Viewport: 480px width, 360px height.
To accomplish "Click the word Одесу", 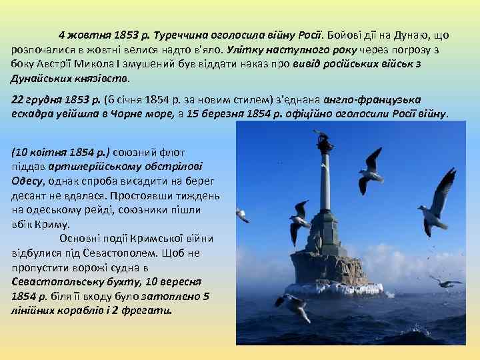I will point(27,180).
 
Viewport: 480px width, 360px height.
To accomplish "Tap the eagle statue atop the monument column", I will point(324,141).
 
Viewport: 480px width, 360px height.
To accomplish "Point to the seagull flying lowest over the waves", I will point(293,305).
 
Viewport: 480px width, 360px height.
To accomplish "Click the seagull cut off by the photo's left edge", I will point(241,215).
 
